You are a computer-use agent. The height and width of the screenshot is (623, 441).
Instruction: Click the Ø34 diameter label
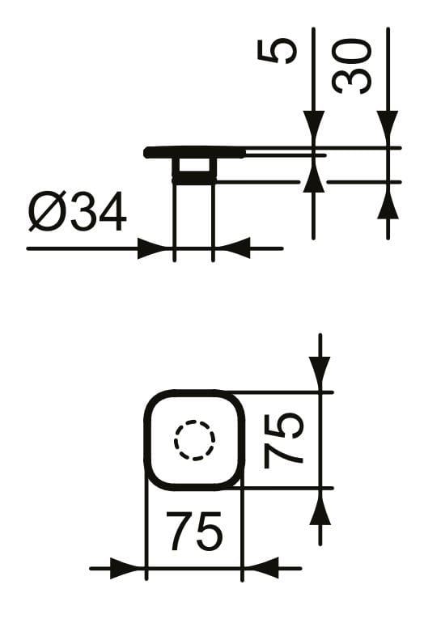click(x=78, y=211)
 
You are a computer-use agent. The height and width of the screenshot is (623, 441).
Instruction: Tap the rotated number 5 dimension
click(x=277, y=51)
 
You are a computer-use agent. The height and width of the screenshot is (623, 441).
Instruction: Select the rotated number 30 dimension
click(x=351, y=66)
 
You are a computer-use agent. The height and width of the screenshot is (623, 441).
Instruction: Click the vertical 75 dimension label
click(x=283, y=440)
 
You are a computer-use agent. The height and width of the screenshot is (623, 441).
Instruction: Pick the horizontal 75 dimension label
click(x=194, y=531)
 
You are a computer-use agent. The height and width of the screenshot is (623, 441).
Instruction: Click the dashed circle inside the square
click(x=195, y=440)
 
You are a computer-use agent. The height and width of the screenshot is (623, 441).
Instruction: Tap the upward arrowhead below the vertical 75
click(x=320, y=506)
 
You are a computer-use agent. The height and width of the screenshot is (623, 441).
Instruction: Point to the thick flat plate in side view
click(x=195, y=152)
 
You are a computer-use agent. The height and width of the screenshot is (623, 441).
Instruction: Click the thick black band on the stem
click(x=194, y=179)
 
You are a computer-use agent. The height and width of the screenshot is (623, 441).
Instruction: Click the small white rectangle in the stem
click(x=194, y=165)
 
